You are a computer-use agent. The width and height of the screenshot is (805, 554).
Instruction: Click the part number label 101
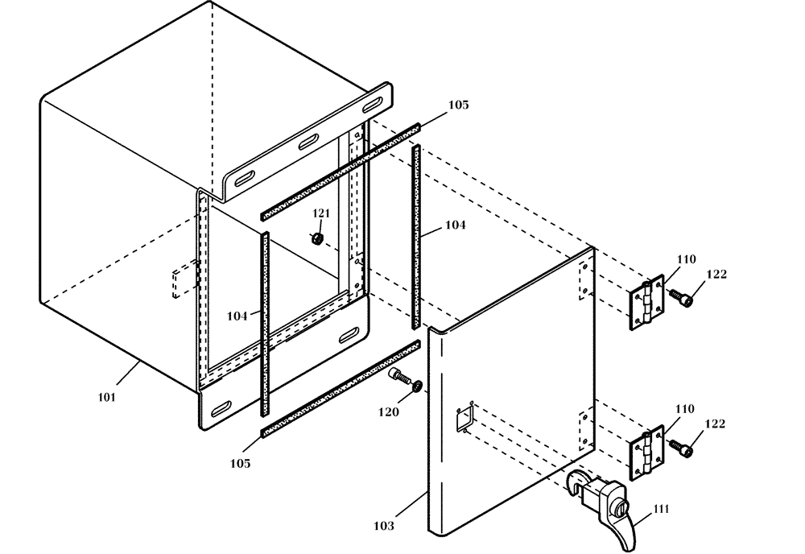pos(107,397)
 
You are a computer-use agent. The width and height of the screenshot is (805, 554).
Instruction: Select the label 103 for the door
pos(384,526)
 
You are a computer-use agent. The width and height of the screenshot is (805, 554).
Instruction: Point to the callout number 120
pos(387,411)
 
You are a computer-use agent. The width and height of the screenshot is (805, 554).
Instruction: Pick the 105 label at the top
pos(457,105)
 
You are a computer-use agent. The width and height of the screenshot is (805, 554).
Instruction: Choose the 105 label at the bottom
pos(240,463)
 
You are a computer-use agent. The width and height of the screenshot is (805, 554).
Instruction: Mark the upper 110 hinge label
pos(685,259)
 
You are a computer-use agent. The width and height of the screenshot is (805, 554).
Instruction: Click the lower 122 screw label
pos(715,423)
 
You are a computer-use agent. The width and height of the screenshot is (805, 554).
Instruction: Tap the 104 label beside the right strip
pos(455,226)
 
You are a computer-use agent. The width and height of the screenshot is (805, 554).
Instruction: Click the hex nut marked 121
pos(317,238)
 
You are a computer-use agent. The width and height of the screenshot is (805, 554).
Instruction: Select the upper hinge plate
pos(646,304)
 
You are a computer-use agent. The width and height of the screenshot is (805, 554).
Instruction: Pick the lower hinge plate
pos(646,453)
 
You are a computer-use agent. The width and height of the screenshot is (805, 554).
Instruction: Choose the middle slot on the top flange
pos(308,143)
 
